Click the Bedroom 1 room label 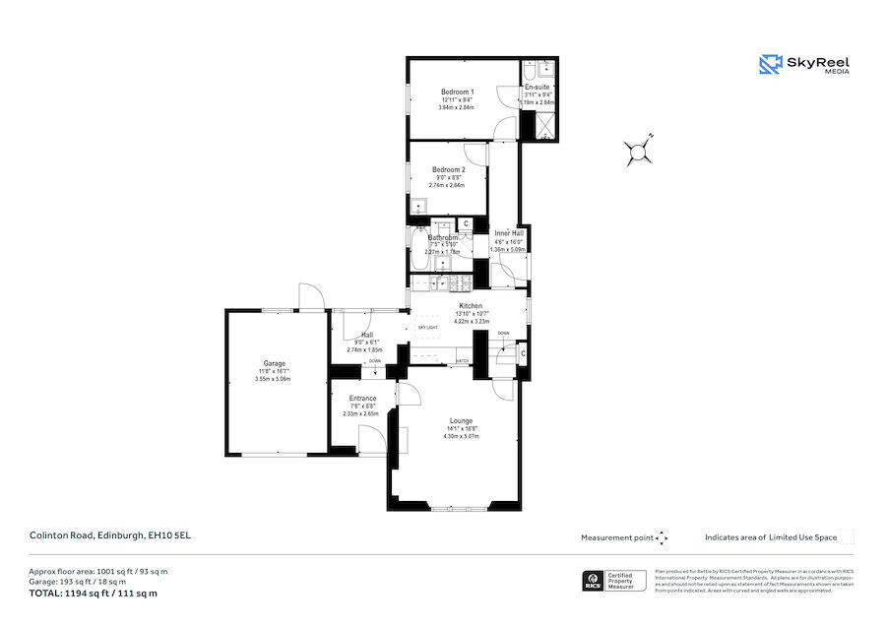457,92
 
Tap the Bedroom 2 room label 448,169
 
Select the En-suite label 538,88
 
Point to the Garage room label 274,363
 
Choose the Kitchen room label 470,306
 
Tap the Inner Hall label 508,233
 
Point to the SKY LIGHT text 427,326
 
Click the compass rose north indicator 639,151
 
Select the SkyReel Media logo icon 770,64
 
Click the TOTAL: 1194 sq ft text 93,594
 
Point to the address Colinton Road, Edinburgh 99,536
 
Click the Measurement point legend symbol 663,537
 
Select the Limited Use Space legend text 771,537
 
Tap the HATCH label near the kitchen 462,361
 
